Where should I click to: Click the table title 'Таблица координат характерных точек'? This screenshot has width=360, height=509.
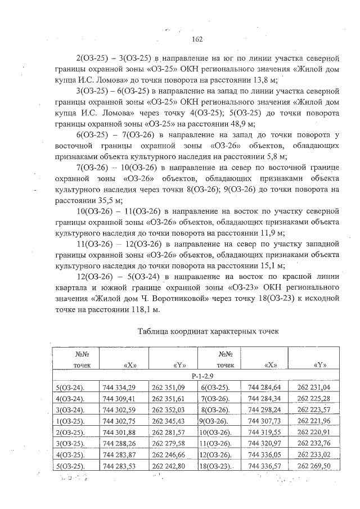coord(208,331)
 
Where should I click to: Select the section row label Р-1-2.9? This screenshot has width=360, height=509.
coord(201,375)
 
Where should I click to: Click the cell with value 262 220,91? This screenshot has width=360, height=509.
coord(313,432)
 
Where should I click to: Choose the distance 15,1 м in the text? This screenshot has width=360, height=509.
coord(271,266)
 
